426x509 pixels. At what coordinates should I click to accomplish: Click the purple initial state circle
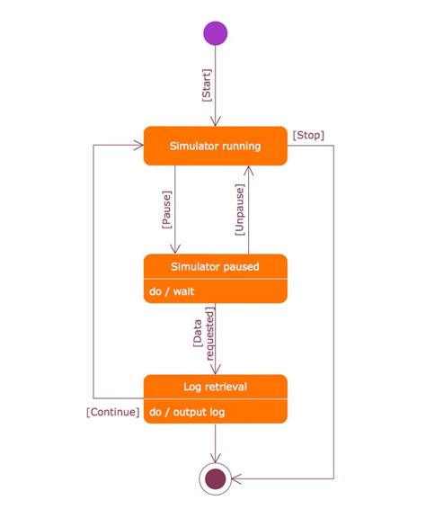pos(216,33)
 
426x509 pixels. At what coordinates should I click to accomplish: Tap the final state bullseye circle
pos(216,479)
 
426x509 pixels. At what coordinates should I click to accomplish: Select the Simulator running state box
pos(216,146)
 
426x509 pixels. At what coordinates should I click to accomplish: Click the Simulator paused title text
pos(216,266)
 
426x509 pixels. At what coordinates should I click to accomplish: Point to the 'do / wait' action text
pos(171,291)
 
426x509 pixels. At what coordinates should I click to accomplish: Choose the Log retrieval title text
pos(216,387)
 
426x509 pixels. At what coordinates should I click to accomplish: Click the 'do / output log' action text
pos(188,412)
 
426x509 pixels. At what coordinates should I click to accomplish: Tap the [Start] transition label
pos(207,86)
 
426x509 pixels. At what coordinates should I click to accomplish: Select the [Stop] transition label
pos(308,136)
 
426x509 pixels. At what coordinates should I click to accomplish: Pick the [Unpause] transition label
pos(239,210)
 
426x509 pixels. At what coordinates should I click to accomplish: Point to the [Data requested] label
pos(204,334)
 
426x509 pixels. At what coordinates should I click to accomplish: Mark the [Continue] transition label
pos(112,412)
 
